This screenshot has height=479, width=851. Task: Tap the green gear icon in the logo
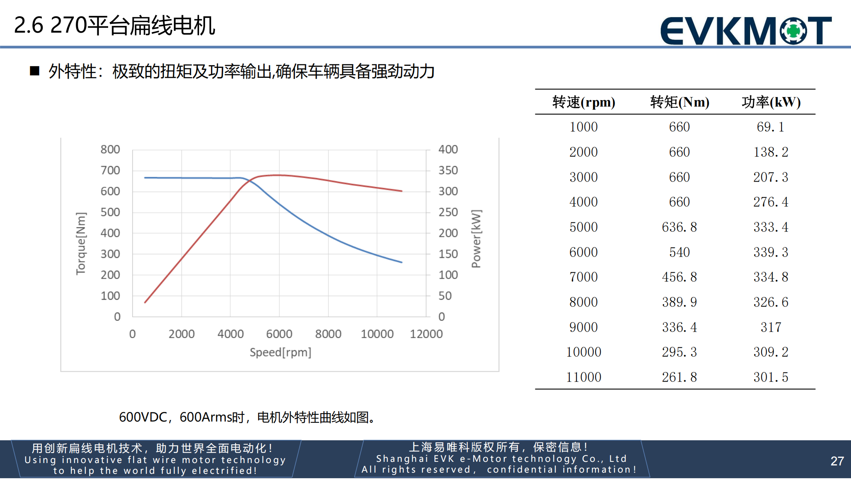[x=793, y=30]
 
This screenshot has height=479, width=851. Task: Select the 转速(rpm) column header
[x=583, y=102]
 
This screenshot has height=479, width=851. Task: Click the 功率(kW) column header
[x=771, y=102]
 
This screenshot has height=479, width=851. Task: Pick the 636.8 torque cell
[x=679, y=227]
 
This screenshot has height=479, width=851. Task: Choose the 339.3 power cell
[x=770, y=252]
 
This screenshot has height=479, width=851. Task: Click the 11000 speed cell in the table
[x=583, y=377]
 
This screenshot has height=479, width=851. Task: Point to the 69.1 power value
[x=770, y=127]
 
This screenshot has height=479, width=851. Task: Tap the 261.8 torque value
[x=679, y=377]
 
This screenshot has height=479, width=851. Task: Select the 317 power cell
[x=770, y=327]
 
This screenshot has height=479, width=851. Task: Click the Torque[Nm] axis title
[x=81, y=243]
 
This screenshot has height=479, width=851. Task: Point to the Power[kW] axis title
[x=476, y=239]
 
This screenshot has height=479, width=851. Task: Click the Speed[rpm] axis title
[x=280, y=352]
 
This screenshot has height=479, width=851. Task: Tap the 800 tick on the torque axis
[x=110, y=149]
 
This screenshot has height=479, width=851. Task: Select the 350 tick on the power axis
[x=448, y=170]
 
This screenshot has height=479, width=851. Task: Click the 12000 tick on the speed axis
[x=426, y=334]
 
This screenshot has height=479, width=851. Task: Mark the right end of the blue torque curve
[x=401, y=262]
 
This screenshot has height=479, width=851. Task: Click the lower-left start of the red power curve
[x=145, y=302]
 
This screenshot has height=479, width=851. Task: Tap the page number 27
[x=837, y=461]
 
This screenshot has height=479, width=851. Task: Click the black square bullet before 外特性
[x=35, y=71]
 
